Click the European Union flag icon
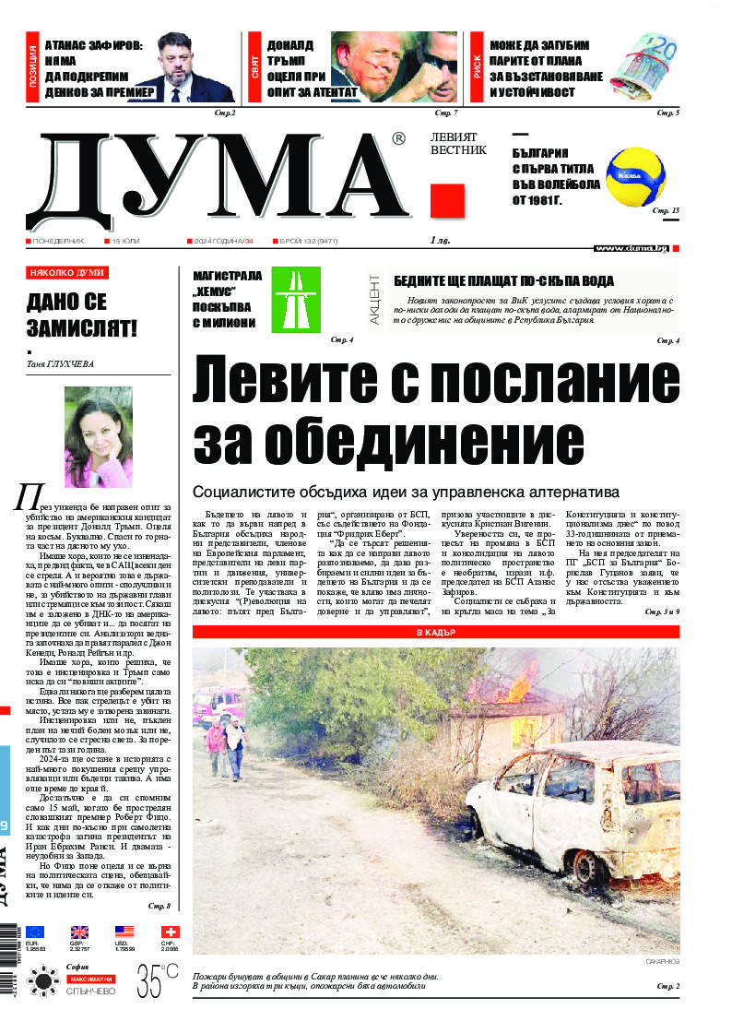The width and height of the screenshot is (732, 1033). coord(35,932)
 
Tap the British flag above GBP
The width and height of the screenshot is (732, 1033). coord(80,932)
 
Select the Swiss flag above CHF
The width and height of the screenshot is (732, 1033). coord(171,932)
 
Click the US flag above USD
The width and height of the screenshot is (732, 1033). coord(124,932)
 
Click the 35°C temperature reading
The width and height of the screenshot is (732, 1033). coord(156,980)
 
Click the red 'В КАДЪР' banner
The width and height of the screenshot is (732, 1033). coord(435,632)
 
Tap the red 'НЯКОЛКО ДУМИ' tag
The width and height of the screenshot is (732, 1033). coord(66,273)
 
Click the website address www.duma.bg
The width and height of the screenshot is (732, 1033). coord(631,248)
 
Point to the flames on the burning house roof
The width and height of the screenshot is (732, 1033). coord(519,686)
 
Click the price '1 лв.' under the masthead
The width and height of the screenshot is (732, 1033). coord(439,242)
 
